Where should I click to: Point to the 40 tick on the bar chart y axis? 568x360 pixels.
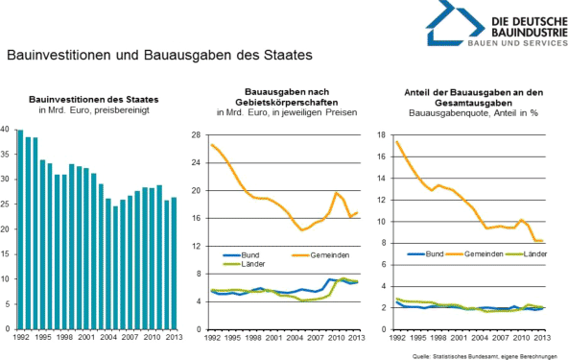pos(6,130)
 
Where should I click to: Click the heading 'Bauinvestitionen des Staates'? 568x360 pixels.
pos(94,99)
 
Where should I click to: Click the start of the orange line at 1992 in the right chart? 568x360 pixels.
pos(396,142)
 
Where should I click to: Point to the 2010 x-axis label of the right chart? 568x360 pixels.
pos(519,338)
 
